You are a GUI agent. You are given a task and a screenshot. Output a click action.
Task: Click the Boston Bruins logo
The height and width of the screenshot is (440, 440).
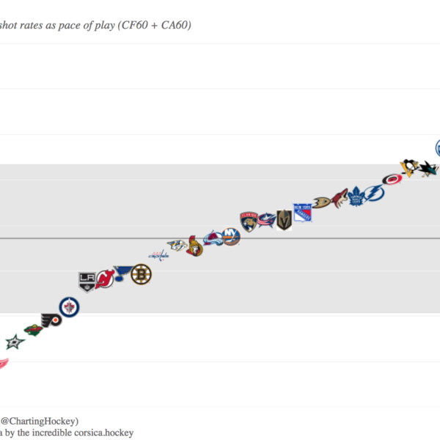(x=141, y=274)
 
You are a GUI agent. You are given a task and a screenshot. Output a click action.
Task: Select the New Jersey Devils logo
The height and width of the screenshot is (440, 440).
(x=104, y=279)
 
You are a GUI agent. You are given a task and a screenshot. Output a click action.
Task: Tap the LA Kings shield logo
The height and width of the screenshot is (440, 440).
(x=87, y=280)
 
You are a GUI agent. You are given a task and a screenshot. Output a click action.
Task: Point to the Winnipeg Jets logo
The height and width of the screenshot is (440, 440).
(x=70, y=308)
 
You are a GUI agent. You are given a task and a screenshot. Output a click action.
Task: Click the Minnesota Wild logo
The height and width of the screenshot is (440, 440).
(x=33, y=329)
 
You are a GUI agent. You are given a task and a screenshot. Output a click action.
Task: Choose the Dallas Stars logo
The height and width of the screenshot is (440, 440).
(x=15, y=342)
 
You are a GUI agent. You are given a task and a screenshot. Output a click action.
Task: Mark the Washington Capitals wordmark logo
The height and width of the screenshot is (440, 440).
(x=158, y=255)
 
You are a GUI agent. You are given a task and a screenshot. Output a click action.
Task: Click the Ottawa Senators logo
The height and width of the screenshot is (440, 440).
(x=194, y=246)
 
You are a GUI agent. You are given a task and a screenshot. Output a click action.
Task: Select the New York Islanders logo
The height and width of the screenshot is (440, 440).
(x=231, y=236)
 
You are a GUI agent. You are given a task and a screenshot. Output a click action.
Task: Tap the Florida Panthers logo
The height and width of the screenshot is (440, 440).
(x=248, y=221)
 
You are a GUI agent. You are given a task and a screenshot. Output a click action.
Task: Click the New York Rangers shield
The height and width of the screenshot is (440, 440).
(x=302, y=213)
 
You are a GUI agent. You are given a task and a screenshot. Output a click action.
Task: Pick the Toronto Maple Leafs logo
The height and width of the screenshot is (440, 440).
(x=356, y=196)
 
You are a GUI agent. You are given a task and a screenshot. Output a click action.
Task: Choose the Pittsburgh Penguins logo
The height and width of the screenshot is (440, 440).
(x=409, y=166)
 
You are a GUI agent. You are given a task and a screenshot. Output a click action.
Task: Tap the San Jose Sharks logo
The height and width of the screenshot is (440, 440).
(x=428, y=169)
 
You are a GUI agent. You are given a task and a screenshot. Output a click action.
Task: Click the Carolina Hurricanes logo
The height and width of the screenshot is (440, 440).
(x=392, y=179)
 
